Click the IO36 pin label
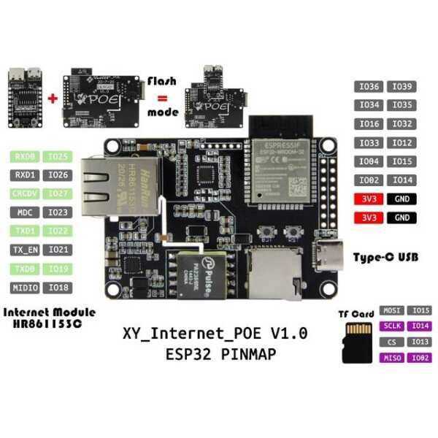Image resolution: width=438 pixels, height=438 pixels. coord(369,87)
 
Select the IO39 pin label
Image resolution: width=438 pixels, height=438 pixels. coord(402,87)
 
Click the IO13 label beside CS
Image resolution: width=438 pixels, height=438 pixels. coord(420,342)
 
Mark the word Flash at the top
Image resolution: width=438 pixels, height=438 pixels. coord(163,80)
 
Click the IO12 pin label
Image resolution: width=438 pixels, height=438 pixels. coord(402,143)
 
